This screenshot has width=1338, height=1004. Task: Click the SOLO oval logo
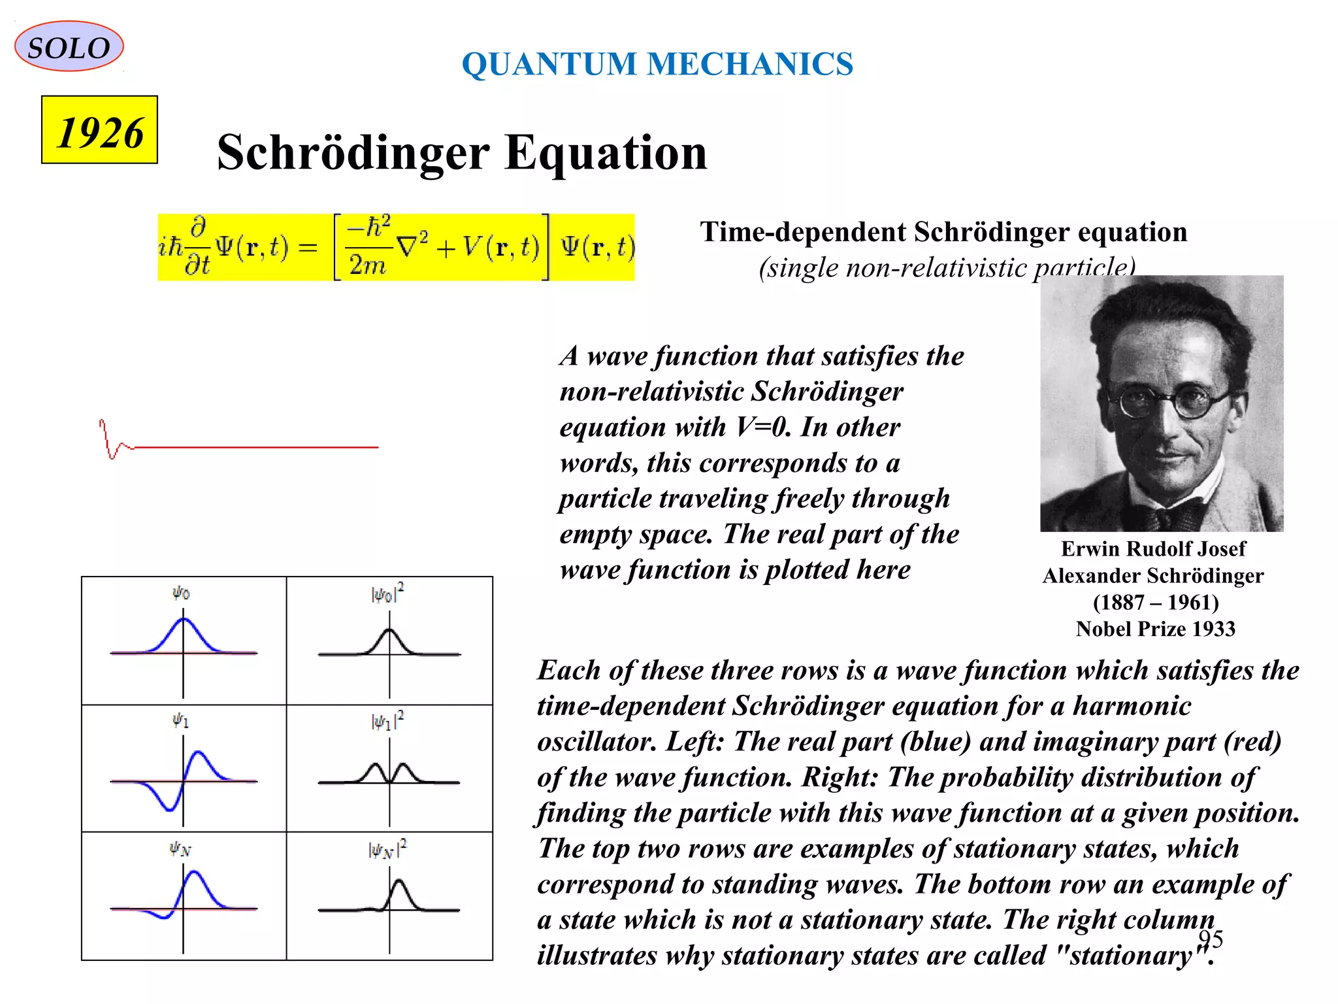point(69,47)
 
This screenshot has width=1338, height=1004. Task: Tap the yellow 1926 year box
point(99,131)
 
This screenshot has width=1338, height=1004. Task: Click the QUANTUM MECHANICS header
point(657,64)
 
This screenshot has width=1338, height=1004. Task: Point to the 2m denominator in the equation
point(367,265)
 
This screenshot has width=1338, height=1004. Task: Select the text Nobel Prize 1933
point(1155,629)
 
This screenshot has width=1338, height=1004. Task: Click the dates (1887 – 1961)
point(1155,602)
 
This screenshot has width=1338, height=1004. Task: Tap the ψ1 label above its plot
point(180,720)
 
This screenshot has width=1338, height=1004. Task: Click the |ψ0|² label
point(387,594)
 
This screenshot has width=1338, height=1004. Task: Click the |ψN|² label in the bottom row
point(387,849)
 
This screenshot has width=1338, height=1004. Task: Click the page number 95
point(1210,939)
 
